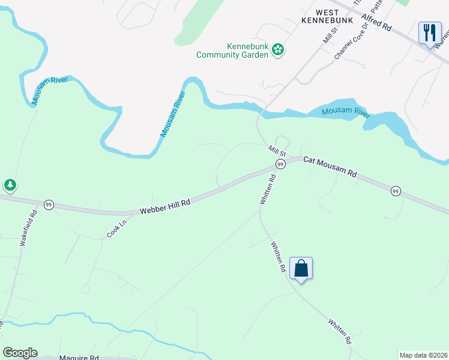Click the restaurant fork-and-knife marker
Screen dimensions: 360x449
coord(429,32)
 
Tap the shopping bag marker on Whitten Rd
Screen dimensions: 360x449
coord(301,268)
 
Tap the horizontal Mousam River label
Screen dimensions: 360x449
coord(344,112)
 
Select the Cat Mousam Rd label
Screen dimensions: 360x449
coord(330,167)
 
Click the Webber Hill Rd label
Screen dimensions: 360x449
coord(164,207)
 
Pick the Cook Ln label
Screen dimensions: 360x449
coord(117,227)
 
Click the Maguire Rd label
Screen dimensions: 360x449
coord(79,357)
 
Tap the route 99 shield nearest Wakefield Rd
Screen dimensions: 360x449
coord(49,205)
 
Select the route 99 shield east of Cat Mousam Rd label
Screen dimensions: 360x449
coord(395,191)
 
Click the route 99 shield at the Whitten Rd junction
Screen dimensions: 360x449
coord(280,164)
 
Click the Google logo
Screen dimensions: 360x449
coord(20,353)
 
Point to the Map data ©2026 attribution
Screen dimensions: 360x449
coord(423,355)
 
